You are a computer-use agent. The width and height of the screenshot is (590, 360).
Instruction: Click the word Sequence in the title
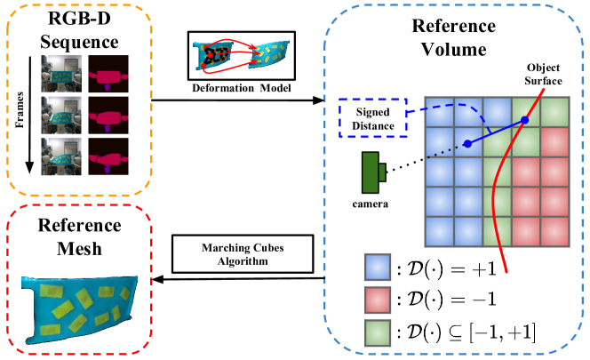coord(79,42)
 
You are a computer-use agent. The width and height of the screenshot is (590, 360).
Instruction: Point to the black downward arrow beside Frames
coord(29,116)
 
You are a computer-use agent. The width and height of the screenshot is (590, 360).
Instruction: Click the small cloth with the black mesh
coord(214,56)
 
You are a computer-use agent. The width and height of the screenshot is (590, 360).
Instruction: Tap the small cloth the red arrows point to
coord(269,55)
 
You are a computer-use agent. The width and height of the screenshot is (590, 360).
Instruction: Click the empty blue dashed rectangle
coord(372,117)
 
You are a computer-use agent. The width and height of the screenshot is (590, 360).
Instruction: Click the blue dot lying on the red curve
coord(524,120)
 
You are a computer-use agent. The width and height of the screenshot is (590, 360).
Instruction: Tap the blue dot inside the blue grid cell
coord(467,143)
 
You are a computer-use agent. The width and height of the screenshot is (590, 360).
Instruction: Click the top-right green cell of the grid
coord(554,112)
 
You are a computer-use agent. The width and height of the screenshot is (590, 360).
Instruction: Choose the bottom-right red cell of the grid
coord(554,231)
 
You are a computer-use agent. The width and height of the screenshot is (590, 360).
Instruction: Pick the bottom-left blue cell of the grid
coord(439,231)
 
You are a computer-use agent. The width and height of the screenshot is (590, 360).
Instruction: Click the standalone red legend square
coord(378,300)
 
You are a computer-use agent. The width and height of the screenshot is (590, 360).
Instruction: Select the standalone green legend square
coord(378,332)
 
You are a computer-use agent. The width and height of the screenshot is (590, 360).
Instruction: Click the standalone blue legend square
coord(378,268)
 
